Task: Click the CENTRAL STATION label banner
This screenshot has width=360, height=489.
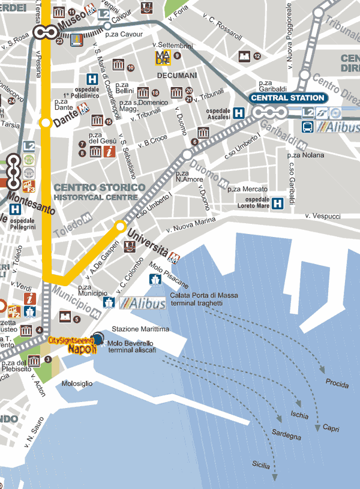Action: click(287, 98)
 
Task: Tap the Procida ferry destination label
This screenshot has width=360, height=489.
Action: click(337, 383)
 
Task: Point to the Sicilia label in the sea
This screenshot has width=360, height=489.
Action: click(261, 464)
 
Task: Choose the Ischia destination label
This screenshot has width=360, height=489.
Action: click(299, 415)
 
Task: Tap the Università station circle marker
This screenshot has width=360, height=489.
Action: click(121, 226)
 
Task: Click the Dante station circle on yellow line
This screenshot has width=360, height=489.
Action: click(44, 123)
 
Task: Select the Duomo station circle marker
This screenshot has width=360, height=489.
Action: click(187, 155)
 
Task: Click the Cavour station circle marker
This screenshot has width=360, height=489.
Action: click(107, 26)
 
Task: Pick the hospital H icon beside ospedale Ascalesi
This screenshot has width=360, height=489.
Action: click(239, 112)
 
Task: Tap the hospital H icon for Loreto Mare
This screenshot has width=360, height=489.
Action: click(277, 204)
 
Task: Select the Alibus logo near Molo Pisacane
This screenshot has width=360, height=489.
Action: click(142, 304)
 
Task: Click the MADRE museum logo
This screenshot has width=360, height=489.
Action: click(163, 57)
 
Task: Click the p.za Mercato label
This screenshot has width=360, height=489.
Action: click(247, 189)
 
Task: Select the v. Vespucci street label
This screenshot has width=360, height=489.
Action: click(322, 216)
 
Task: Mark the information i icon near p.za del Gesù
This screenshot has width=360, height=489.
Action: click(109, 152)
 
